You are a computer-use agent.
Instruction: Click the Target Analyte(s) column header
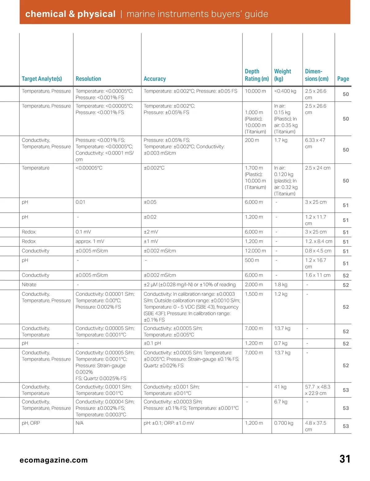42,79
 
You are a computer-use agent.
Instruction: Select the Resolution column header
88,79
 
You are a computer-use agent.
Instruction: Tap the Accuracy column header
154,79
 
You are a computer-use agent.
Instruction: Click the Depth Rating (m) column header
257,75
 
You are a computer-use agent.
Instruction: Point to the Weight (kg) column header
282,75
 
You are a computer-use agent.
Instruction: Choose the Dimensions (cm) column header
317,75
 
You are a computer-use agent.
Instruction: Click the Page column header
343,79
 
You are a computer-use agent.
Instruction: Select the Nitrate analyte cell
29,285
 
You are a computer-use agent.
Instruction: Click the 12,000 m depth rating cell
255,251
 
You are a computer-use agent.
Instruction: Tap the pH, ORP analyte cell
31,423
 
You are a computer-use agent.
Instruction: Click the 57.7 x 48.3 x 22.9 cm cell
318,390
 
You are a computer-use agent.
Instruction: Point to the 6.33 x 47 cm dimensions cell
315,143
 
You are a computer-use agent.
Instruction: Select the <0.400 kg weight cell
285,91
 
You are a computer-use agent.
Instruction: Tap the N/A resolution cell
80,423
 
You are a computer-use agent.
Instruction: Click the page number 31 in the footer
345,459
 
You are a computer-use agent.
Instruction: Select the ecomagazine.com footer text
54,460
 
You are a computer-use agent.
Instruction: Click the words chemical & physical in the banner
70,14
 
